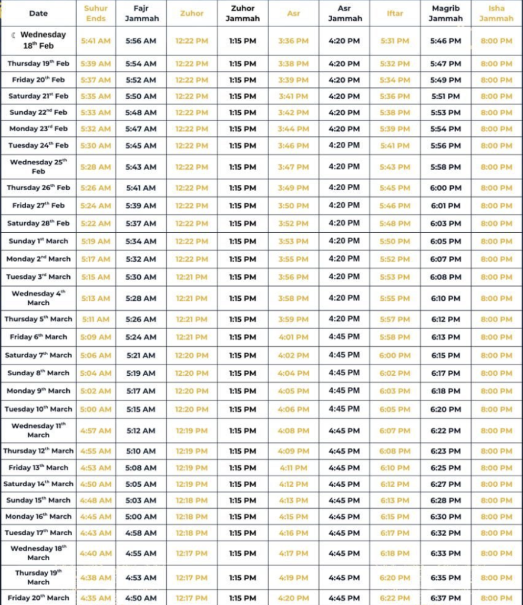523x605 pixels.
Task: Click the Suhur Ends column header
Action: click(96, 13)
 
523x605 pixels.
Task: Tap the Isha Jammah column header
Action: click(496, 13)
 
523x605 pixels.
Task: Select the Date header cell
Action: click(38, 13)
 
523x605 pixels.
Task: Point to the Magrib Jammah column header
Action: click(445, 13)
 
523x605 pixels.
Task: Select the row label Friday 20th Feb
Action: click(38, 80)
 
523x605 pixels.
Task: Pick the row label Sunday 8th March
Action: click(38, 373)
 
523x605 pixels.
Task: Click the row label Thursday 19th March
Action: click(38, 577)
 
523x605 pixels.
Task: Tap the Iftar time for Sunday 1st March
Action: click(395, 241)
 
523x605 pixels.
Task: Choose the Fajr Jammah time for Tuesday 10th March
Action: click(141, 409)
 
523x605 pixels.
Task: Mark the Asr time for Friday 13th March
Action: click(293, 468)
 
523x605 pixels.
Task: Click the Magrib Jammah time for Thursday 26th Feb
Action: click(445, 188)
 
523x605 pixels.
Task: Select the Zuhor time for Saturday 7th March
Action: click(192, 355)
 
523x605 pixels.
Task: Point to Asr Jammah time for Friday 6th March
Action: click(344, 337)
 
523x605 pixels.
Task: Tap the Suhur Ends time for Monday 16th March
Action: click(96, 516)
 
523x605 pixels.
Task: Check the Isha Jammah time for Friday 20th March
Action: click(496, 598)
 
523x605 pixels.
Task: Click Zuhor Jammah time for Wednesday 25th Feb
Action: click(243, 167)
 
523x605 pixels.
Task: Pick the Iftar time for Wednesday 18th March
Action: click(395, 554)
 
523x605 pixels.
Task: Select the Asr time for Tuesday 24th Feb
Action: click(293, 145)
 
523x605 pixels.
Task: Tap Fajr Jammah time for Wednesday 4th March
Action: click(141, 298)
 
